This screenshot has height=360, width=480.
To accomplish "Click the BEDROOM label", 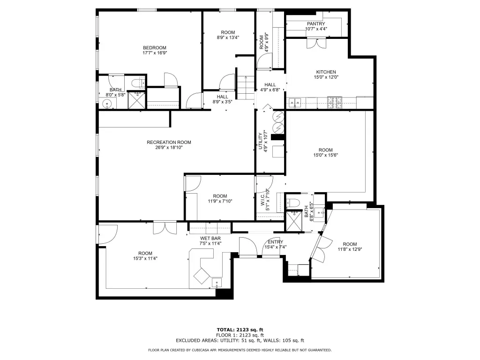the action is coord(155,48).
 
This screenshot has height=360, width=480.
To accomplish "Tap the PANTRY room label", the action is coord(316,24).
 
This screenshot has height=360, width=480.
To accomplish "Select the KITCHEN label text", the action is coord(326,72).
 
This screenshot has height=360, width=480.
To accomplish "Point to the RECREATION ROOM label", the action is coord(169,142).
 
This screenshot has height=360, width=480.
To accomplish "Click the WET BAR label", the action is coord(210,239).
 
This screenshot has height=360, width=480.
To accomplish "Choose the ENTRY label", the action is coord(276,242).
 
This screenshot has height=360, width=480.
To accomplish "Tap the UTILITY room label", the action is coord(261,141).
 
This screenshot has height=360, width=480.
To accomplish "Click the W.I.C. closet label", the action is coord(262,199).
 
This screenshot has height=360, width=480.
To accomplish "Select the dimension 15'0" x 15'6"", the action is coord(325,155).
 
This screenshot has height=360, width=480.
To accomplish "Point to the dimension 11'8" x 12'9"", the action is coord(350,249).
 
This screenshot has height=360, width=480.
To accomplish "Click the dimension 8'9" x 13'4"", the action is coord(228,37).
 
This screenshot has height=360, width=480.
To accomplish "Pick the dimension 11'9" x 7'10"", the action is coord(220,201).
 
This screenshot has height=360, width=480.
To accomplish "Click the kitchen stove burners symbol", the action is coord(335,102).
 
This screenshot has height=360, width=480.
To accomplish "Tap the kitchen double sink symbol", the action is coord(295,103).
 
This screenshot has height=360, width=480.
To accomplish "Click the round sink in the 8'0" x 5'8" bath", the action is coord(107,104).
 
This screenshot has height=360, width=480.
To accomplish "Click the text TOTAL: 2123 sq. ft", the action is coord(240,330).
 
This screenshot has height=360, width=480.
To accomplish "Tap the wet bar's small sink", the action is coord(217,283).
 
